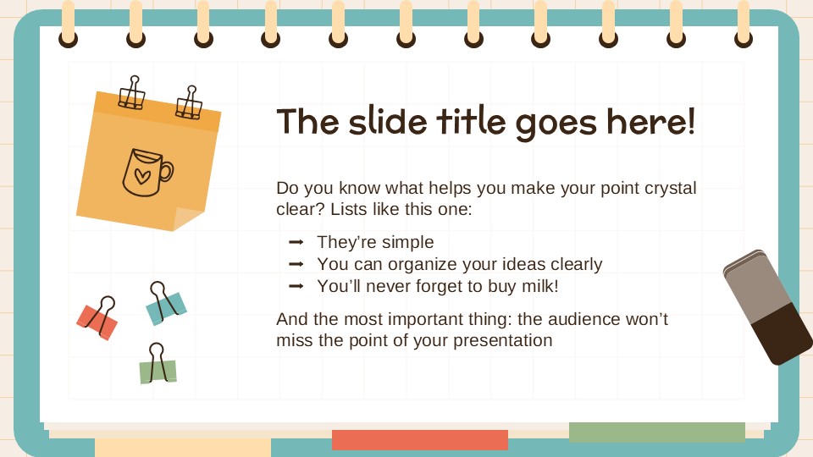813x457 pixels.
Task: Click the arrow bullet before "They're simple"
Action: point(296,243)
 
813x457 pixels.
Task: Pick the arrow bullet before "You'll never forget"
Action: point(296,286)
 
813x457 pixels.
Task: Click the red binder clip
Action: point(97,319)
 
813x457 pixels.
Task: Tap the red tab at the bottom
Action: point(419,440)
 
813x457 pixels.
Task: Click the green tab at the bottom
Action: point(656,432)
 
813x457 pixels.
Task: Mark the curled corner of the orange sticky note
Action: point(188,218)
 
